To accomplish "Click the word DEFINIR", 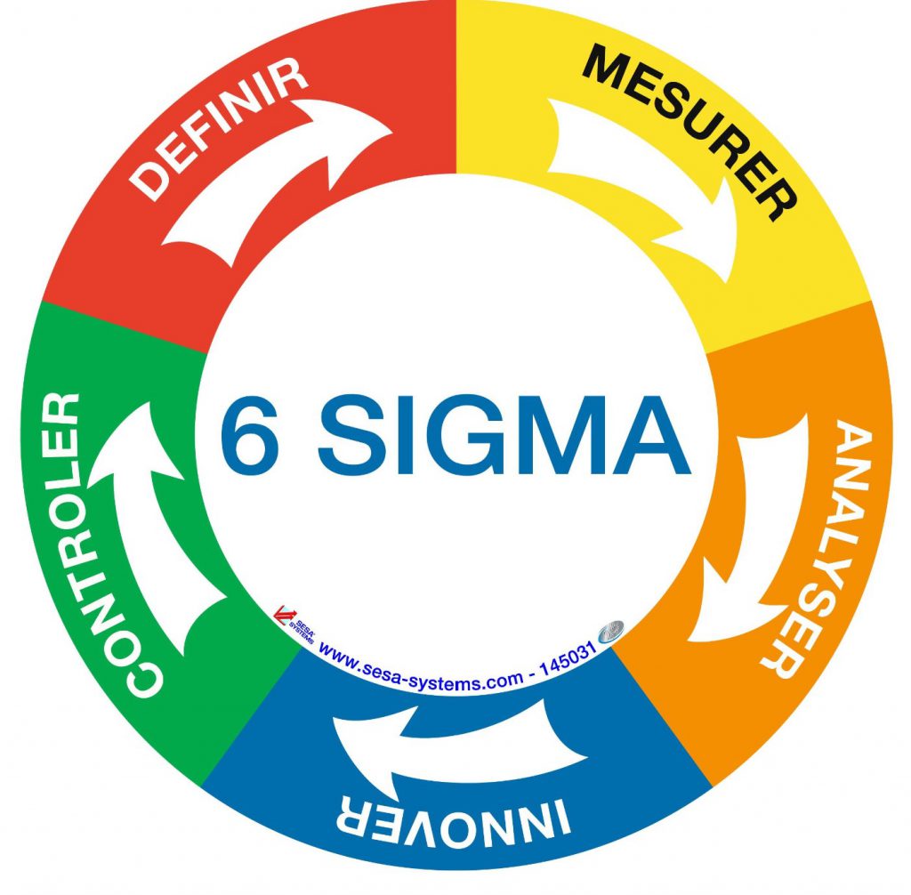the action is pyautogui.click(x=219, y=128).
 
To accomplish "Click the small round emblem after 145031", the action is pyautogui.click(x=611, y=632).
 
